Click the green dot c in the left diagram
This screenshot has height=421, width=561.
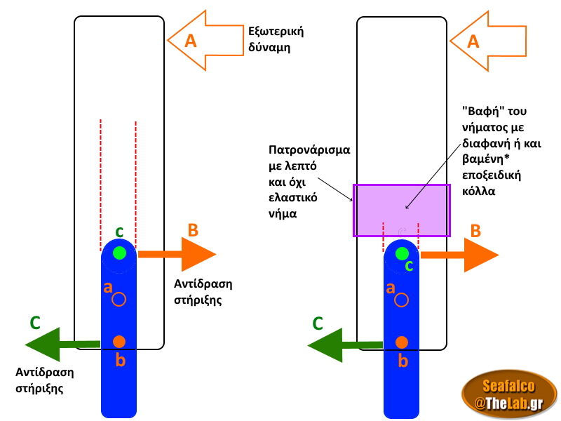coord(119,253)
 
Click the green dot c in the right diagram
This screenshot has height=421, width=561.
coord(402,253)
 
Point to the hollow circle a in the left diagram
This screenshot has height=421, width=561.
coord(119,299)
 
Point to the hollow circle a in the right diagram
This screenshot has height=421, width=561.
coord(402,300)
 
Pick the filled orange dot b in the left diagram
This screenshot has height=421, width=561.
coord(119,342)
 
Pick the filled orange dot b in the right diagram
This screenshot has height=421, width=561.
coord(402,342)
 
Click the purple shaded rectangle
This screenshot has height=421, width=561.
coord(402,210)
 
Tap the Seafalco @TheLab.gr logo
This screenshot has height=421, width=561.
coord(508,394)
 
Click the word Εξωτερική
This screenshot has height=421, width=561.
coord(276,32)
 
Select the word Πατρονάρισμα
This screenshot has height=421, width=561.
coord(309,150)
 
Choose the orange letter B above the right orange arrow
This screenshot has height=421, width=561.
coord(475,230)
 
